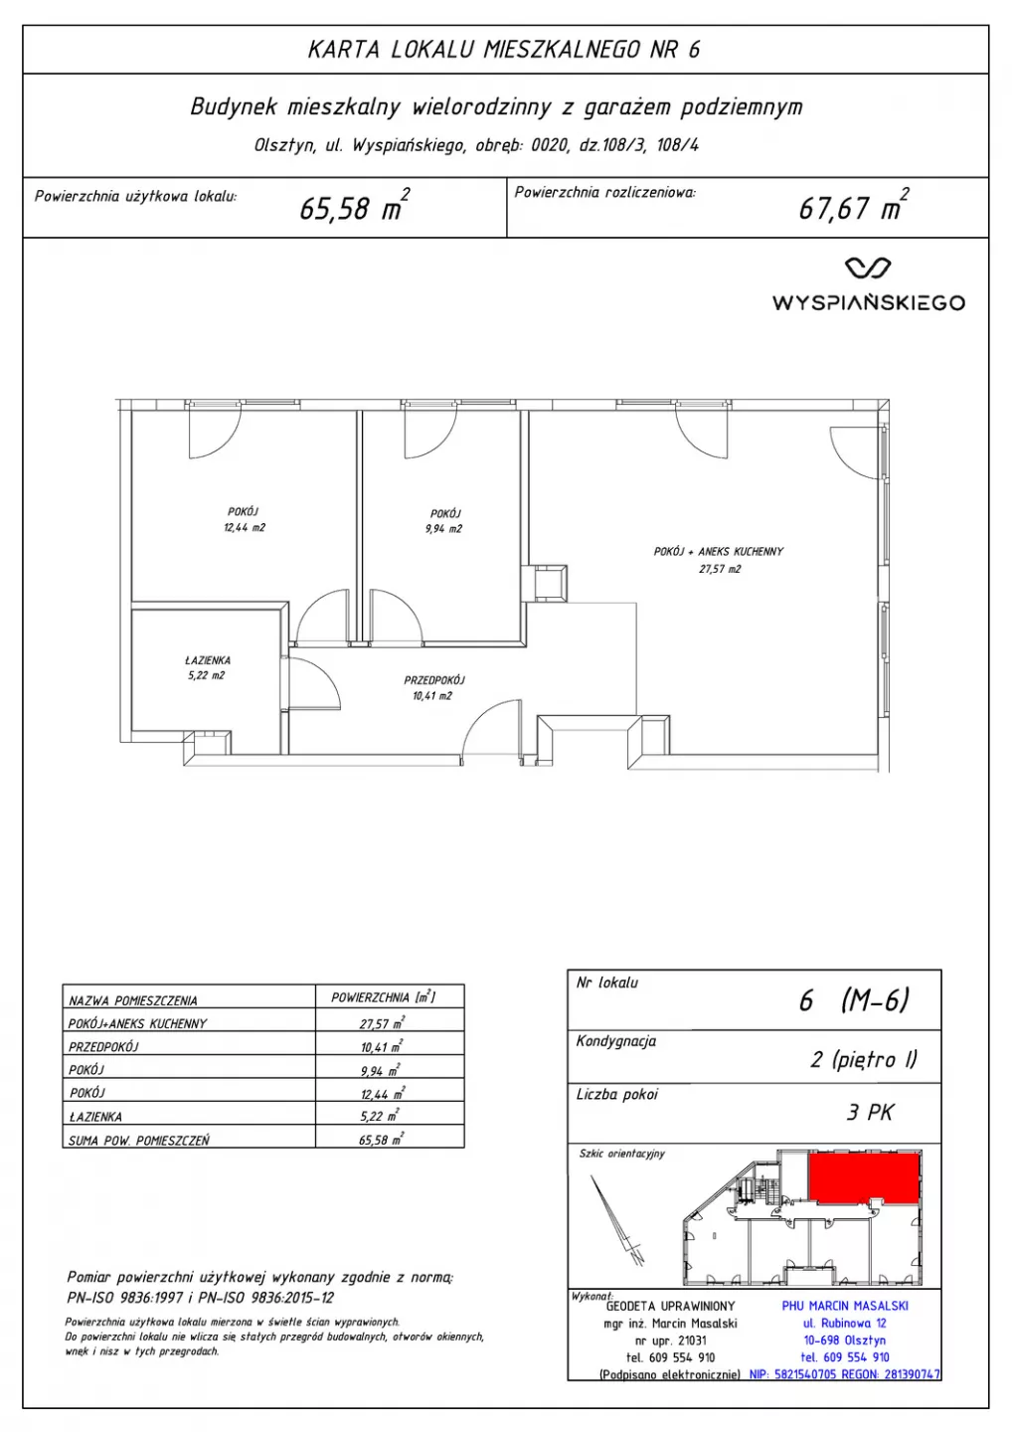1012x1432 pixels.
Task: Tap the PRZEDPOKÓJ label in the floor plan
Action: click(x=433, y=680)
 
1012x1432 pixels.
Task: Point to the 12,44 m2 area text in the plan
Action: click(x=245, y=527)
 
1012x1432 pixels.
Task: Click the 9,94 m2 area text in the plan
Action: click(x=444, y=529)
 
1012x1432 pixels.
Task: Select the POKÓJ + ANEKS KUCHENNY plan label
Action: click(x=718, y=551)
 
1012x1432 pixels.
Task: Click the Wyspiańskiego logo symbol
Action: click(x=868, y=268)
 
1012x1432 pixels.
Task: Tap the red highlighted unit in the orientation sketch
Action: click(x=864, y=1177)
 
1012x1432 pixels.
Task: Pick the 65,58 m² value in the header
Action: click(x=354, y=206)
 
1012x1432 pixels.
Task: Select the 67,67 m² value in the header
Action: click(x=853, y=206)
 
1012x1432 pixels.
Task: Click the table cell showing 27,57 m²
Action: click(x=382, y=1023)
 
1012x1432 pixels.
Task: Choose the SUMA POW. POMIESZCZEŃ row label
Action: click(x=138, y=1140)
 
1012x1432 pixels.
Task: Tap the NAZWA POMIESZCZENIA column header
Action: click(x=133, y=1000)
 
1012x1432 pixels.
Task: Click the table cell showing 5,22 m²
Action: click(x=382, y=1116)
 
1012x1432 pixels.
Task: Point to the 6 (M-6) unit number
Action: click(x=853, y=999)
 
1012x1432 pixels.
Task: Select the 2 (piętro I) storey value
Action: click(x=863, y=1060)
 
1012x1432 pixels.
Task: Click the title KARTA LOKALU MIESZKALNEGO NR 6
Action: click(x=505, y=50)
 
